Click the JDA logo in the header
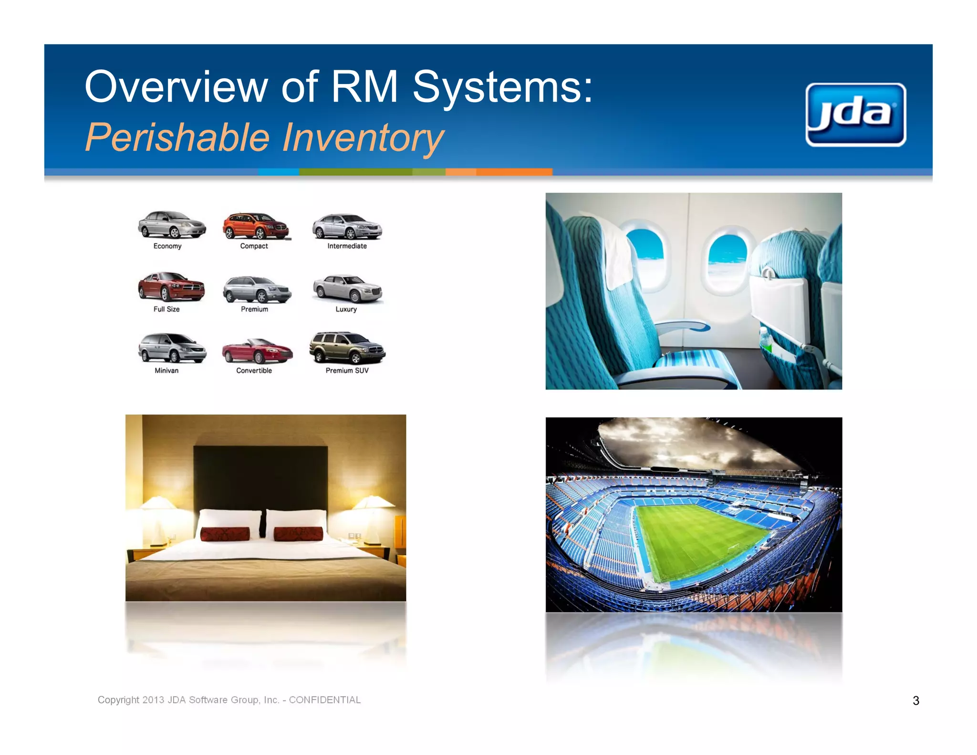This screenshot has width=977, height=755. click(x=855, y=115)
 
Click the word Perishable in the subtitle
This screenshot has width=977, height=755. click(x=177, y=138)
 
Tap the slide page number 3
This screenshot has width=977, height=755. click(x=915, y=701)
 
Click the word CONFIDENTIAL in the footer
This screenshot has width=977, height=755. click(x=324, y=700)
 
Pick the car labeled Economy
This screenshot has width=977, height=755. click(x=172, y=225)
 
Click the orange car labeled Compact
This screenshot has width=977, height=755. click(x=255, y=226)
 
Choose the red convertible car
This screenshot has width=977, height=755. click(x=257, y=352)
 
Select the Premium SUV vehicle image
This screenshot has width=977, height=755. click(x=347, y=348)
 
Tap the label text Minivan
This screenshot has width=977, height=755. click(x=166, y=370)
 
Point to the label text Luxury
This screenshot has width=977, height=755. click(x=346, y=309)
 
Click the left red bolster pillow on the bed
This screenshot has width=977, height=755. click(x=225, y=534)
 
